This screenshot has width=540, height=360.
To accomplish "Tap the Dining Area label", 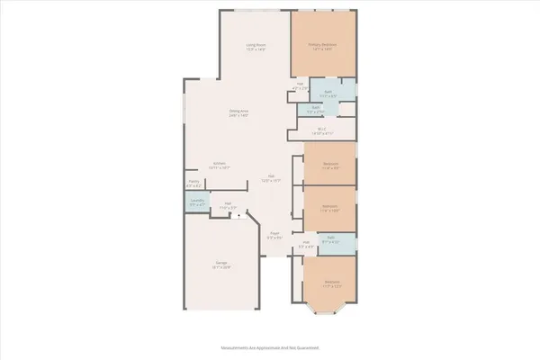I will (x=238, y=111).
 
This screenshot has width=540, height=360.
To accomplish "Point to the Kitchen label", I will (x=219, y=164).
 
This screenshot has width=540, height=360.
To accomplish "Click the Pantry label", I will (x=193, y=183).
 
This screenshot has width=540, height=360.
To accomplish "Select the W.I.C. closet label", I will (x=321, y=129).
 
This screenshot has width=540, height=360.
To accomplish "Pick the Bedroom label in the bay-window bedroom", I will (x=331, y=282).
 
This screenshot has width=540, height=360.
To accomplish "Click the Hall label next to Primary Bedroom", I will (x=301, y=85).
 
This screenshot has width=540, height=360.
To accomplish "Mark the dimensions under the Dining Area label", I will (x=238, y=115).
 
